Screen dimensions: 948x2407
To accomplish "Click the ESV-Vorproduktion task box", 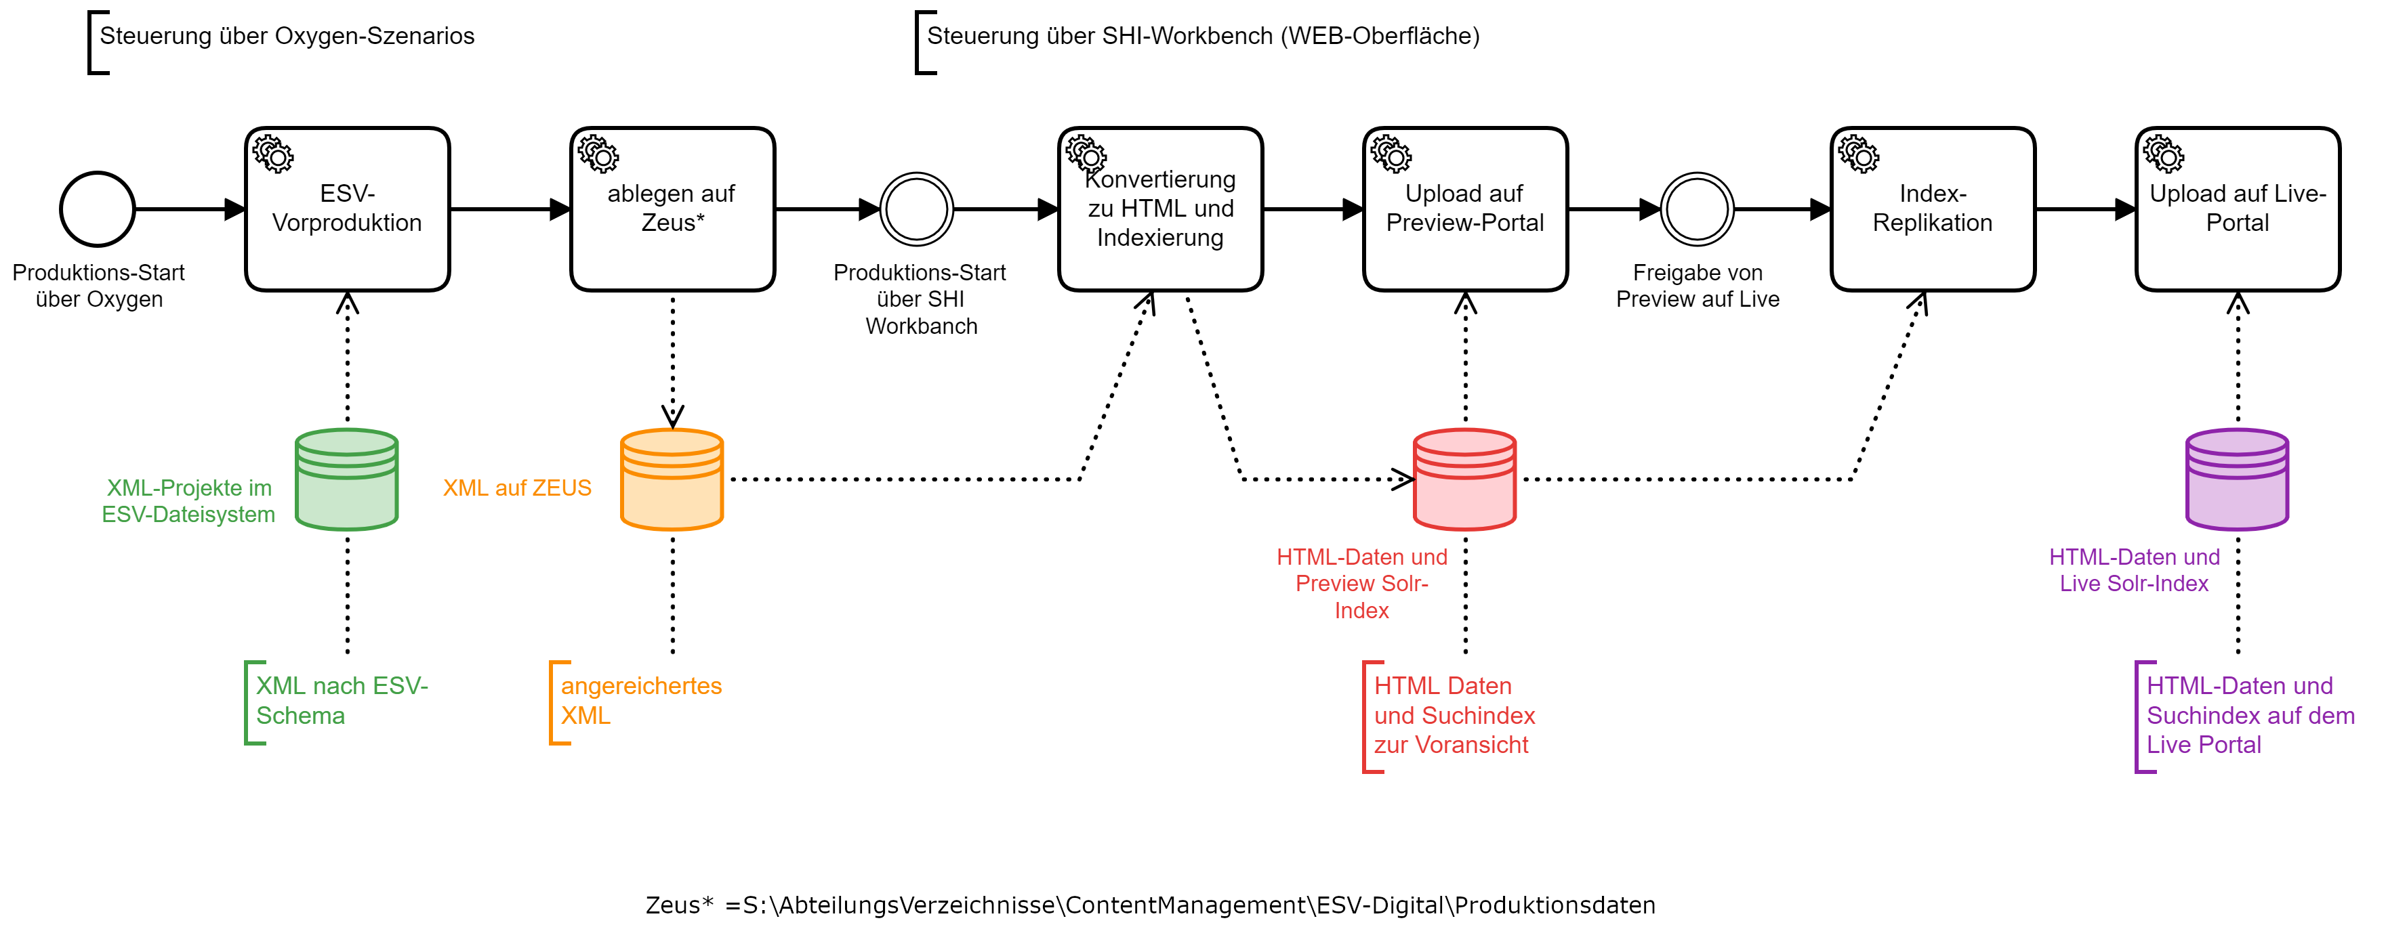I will tap(347, 209).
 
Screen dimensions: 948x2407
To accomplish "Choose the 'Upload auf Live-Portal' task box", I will tap(2237, 209).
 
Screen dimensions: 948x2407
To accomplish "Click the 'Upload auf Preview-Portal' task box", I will tap(1464, 209).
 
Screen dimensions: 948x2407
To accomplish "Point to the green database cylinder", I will tap(347, 480).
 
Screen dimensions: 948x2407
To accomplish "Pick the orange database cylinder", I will tap(672, 480).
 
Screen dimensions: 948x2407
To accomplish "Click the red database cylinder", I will tap(1464, 480).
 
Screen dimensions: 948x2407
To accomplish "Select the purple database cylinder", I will tap(2237, 480).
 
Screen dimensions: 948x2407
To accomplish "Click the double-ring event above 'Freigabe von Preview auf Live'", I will tap(1697, 209).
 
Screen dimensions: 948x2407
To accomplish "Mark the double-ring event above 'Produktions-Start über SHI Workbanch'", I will tap(918, 209).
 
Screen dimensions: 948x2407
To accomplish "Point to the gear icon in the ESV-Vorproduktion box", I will tap(273, 155).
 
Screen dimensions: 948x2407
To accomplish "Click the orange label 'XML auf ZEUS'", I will tap(517, 488).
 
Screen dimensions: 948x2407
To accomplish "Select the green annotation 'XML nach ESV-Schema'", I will tap(341, 700).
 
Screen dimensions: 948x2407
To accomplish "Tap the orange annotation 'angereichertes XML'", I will tap(641, 700).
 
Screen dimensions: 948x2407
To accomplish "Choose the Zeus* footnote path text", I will tap(1149, 905).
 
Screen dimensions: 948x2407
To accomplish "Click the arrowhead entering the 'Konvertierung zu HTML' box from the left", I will tap(1048, 209).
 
